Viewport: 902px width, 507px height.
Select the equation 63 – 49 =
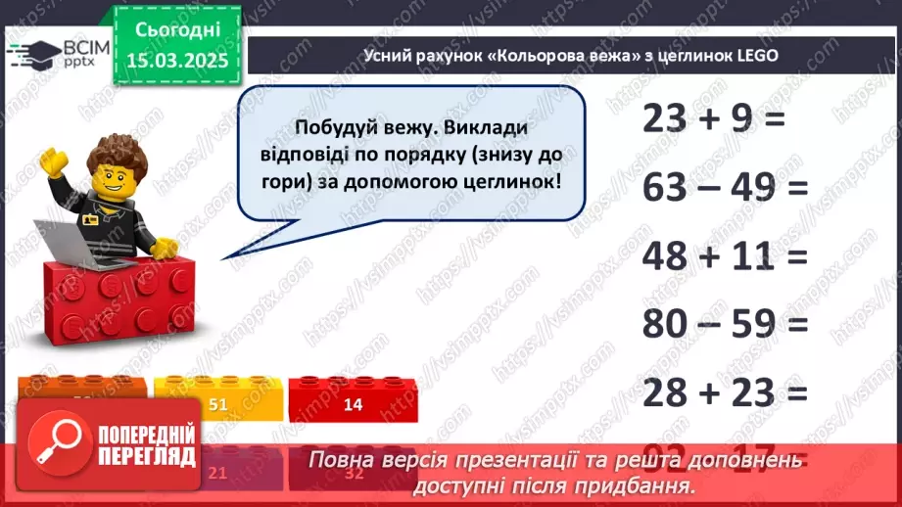coord(725,187)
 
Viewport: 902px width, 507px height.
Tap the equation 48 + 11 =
coord(725,255)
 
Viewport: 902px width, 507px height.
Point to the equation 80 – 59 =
coord(725,324)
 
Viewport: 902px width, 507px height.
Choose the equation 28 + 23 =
coord(725,393)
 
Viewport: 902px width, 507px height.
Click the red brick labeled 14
coord(354,403)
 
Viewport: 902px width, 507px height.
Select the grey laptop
coord(78,243)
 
